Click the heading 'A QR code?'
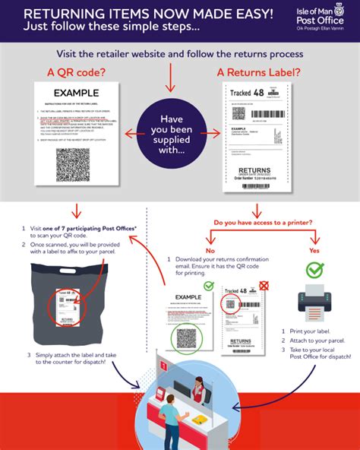(x=77, y=72)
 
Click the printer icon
(x=314, y=303)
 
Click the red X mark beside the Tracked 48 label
(x=264, y=285)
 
